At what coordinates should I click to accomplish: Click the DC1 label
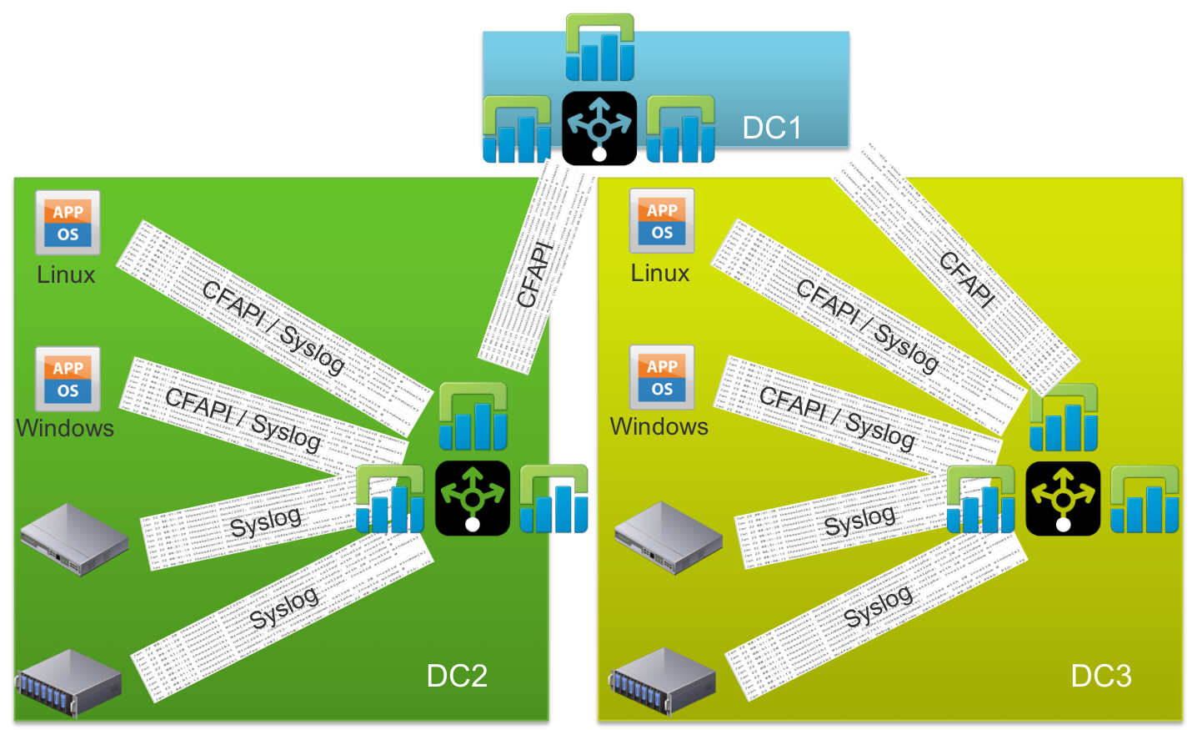tap(772, 128)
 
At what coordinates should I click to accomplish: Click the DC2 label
tap(457, 676)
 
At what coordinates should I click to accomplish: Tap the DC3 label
tap(1101, 676)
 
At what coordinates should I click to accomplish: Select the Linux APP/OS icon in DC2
tap(68, 223)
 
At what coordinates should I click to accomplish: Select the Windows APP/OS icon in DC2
tap(68, 379)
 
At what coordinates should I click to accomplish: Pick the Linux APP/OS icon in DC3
tap(662, 221)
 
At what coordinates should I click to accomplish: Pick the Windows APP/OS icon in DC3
tap(662, 377)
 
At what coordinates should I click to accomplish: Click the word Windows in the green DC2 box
tap(65, 428)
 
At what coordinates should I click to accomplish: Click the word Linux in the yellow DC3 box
tap(660, 273)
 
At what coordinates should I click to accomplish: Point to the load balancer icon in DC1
tap(599, 126)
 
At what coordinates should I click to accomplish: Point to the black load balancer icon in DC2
tap(473, 498)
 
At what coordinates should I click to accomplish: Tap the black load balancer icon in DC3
tap(1063, 499)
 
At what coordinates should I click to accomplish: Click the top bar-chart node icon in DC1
tap(600, 48)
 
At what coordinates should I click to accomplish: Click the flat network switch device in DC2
tap(74, 539)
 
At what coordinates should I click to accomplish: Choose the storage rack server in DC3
tap(664, 681)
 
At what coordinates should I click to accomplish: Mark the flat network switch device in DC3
tap(669, 537)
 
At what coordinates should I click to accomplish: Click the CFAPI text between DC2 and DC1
tap(535, 274)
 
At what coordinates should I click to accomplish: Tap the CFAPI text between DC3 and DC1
tap(967, 279)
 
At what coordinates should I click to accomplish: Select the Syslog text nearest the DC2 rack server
tap(284, 607)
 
